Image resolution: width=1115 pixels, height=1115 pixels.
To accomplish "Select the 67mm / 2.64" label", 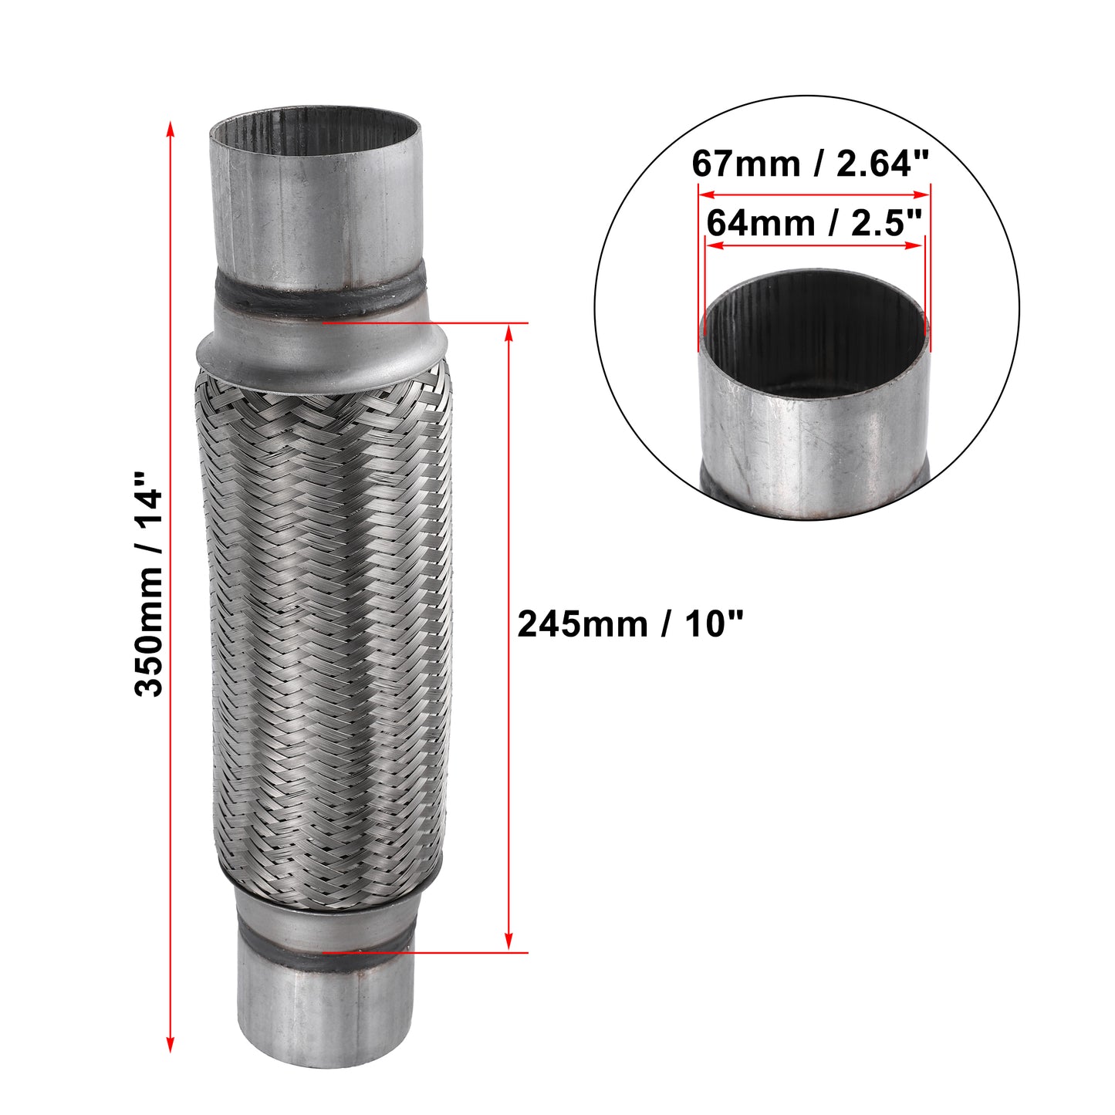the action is pos(810,164).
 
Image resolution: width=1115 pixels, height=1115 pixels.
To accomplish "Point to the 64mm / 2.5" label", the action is pos(813,222).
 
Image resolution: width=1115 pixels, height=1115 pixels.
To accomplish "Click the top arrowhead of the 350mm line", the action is pos(170,128).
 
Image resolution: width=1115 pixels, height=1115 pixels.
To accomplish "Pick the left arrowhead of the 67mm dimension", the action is pos(707,195).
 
